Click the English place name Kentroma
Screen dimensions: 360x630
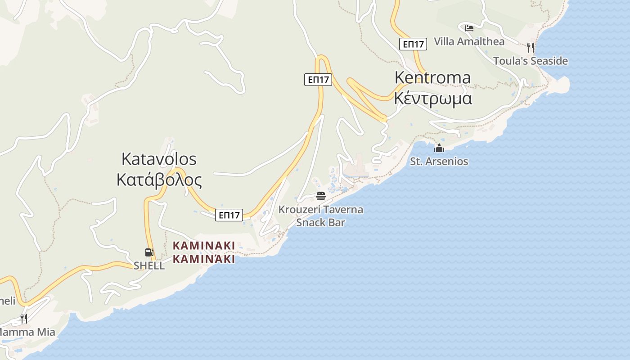click(x=432, y=77)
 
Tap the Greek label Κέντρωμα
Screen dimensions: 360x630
click(x=432, y=98)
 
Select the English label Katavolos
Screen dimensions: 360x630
click(x=159, y=159)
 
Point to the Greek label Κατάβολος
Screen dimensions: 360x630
click(x=159, y=180)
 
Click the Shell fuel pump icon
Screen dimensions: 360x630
click(x=149, y=252)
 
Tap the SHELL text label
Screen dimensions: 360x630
click(x=149, y=265)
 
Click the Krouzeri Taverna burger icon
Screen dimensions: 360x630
click(x=321, y=196)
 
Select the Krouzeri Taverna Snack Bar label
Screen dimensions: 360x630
click(x=320, y=216)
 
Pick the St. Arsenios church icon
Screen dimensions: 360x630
click(x=439, y=148)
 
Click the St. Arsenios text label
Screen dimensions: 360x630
click(x=439, y=161)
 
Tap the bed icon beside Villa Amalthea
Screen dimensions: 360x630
click(x=469, y=28)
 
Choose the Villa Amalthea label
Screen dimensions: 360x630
click(x=469, y=41)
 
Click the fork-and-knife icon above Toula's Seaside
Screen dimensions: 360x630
click(x=531, y=47)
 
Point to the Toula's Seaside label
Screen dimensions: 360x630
click(x=530, y=61)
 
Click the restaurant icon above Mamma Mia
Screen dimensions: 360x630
click(x=24, y=319)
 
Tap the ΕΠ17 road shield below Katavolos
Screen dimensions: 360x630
click(x=229, y=215)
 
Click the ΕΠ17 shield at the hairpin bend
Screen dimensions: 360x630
click(x=318, y=80)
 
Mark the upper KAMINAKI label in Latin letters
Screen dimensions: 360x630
click(x=204, y=246)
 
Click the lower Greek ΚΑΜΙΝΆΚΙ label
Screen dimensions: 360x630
click(x=204, y=259)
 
